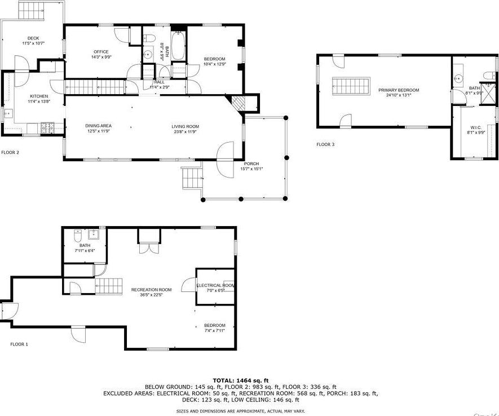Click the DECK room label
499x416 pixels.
point(33,38)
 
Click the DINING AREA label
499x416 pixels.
point(98,126)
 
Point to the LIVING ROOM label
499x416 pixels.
point(185,126)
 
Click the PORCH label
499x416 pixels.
point(251,163)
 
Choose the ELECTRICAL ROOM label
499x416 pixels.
point(215,286)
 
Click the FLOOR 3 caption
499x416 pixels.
point(325,145)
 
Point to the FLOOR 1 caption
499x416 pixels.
point(19,344)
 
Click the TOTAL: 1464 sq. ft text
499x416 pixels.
point(241,380)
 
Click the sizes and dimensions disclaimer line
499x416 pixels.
point(241,411)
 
